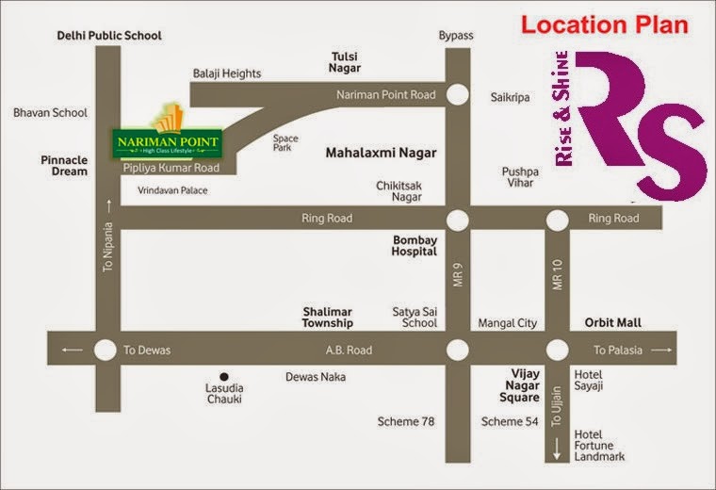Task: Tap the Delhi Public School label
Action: click(109, 36)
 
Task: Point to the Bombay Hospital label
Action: click(415, 246)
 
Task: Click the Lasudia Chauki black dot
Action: click(224, 373)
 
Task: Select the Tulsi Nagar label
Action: click(345, 62)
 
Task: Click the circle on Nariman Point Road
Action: click(458, 94)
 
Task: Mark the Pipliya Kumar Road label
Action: click(171, 168)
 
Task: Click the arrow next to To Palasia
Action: click(662, 351)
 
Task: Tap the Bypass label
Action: click(456, 36)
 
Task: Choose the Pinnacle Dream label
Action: click(64, 166)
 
